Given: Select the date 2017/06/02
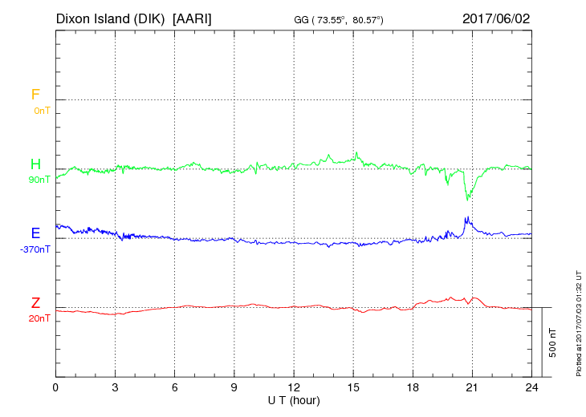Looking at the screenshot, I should pos(496,18).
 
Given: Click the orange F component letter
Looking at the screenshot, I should pos(35,95).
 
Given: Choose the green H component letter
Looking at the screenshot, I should pos(35,164).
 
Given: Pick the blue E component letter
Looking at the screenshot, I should pos(35,233).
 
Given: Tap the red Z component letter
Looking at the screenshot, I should pos(35,303).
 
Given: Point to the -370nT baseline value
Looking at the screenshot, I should pos(35,249).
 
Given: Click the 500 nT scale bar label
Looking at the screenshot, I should pos(552,342).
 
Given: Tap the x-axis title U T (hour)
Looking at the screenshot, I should pos(294,400).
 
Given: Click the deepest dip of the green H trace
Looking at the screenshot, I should pos(467,200).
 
